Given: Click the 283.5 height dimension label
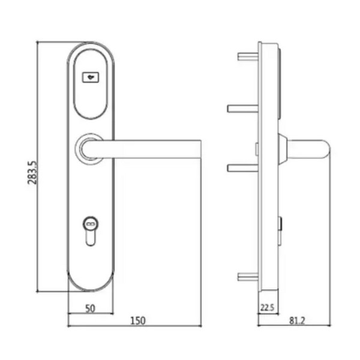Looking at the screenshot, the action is (32, 172).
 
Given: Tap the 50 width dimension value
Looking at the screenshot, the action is (90, 308).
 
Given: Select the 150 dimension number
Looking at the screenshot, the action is (138, 321).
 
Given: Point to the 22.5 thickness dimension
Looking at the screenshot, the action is (267, 308).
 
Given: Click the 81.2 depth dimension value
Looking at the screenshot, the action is (297, 321).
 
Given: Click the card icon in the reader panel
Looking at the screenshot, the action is (91, 77).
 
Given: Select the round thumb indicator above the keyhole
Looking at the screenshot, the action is (91, 223).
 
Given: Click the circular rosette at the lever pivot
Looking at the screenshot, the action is (89, 149).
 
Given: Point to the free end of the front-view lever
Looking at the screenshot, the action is (200, 149).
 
